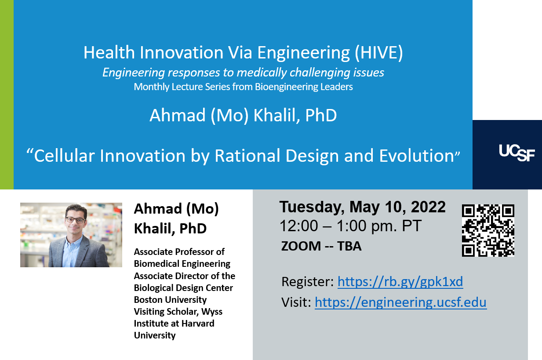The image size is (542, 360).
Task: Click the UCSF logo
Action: pos(517,153)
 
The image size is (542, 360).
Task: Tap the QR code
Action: pos(488,230)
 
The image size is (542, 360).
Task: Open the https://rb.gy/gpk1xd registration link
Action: pos(400,282)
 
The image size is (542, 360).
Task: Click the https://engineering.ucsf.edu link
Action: pos(401,302)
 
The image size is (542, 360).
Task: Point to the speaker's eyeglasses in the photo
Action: pos(75,220)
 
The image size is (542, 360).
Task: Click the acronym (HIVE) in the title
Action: pos(379,52)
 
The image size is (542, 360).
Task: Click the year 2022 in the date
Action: pos(428,207)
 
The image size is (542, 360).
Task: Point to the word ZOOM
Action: pos(301,246)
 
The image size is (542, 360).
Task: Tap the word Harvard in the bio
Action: pos(198,324)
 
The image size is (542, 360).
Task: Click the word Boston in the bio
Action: pos(148,300)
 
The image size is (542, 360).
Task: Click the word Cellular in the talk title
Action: pos(64,156)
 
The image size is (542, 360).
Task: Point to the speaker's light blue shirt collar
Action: pos(72,242)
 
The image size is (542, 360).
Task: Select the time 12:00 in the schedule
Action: pos(298,226)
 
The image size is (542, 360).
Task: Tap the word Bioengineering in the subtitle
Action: pos(287,87)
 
